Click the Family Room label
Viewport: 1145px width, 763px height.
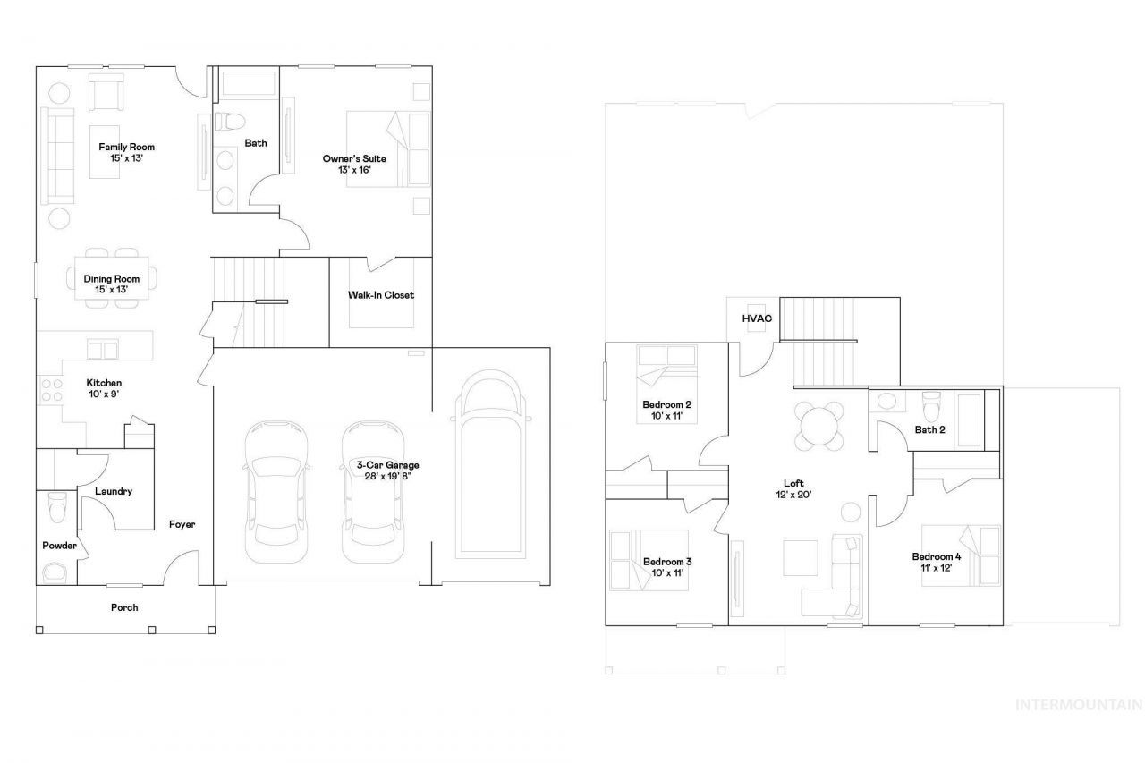pyautogui.click(x=126, y=148)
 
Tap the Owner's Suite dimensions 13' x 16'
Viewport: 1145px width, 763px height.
pyautogui.click(x=354, y=170)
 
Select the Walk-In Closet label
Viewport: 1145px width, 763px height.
pyautogui.click(x=381, y=295)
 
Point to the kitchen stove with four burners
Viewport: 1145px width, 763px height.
pyautogui.click(x=51, y=390)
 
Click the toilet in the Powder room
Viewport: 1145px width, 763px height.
pyautogui.click(x=56, y=506)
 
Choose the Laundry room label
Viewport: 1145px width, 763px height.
pyautogui.click(x=114, y=491)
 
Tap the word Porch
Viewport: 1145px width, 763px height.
pyautogui.click(x=124, y=607)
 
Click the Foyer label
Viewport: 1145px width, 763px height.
pyautogui.click(x=182, y=524)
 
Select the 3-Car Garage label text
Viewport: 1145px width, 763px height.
pyautogui.click(x=387, y=465)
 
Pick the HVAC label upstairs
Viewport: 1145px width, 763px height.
pyautogui.click(x=757, y=318)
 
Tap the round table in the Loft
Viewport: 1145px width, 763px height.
pyautogui.click(x=818, y=426)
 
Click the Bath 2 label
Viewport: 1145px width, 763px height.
pyautogui.click(x=929, y=429)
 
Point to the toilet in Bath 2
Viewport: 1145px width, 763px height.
pyautogui.click(x=931, y=406)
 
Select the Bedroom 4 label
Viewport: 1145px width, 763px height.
pyautogui.click(x=937, y=556)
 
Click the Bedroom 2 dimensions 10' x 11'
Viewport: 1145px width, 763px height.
pyautogui.click(x=666, y=416)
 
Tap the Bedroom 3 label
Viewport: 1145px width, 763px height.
pyautogui.click(x=667, y=562)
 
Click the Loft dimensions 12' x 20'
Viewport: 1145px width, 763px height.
pyautogui.click(x=793, y=495)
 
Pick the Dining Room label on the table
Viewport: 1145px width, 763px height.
pyautogui.click(x=112, y=279)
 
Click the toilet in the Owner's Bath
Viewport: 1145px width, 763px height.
pyautogui.click(x=230, y=122)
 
